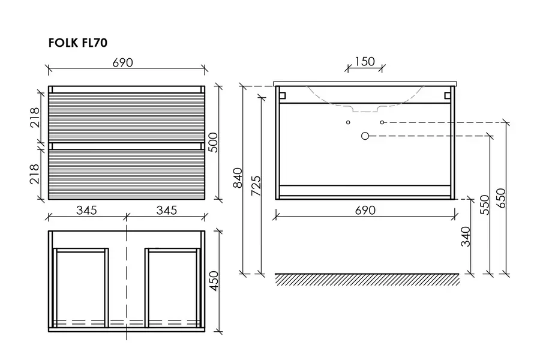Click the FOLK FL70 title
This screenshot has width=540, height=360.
(x=78, y=43)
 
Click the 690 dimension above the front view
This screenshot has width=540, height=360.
(x=122, y=62)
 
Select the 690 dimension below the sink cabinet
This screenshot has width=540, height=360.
(x=365, y=210)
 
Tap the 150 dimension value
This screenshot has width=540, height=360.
(x=365, y=61)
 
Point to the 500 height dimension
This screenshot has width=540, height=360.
(x=214, y=142)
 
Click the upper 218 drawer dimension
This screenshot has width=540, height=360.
(x=35, y=118)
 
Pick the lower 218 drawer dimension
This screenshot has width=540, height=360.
(x=35, y=173)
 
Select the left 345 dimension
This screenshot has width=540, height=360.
(x=86, y=210)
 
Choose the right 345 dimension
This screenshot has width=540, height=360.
(x=167, y=210)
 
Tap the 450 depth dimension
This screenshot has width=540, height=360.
(x=214, y=281)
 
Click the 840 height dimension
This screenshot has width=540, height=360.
(x=238, y=178)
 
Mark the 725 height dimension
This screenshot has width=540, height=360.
(x=256, y=186)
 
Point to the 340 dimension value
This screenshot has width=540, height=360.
(x=466, y=236)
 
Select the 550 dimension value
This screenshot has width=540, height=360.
(x=485, y=205)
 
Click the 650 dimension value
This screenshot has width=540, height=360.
(x=502, y=198)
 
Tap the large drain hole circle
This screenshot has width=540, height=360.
(x=365, y=136)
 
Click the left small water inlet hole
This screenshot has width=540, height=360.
(x=348, y=122)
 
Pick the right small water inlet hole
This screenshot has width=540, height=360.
(x=382, y=122)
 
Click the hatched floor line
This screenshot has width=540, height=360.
(x=367, y=280)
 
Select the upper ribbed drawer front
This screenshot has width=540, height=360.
(x=127, y=118)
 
